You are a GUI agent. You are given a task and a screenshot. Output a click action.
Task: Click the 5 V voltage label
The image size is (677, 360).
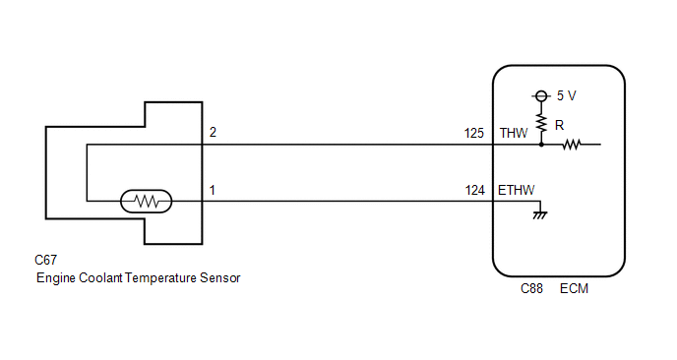[x=566, y=95]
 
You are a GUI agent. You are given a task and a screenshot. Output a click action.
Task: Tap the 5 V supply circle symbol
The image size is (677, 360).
[x=541, y=95]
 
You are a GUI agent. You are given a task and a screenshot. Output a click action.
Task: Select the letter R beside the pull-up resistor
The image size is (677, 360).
[x=559, y=125]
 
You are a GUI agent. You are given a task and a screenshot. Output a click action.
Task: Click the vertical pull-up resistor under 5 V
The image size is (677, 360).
[x=541, y=123]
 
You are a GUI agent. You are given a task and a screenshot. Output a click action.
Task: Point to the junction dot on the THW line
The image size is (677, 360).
[x=541, y=145]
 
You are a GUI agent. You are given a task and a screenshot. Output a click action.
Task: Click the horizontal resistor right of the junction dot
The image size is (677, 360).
[x=571, y=145]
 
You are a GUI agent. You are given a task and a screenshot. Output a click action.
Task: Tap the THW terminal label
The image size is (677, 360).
[x=514, y=133]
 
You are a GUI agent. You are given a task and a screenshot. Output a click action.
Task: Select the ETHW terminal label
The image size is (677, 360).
[x=516, y=190]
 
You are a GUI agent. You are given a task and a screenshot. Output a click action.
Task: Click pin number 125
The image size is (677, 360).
[x=474, y=133]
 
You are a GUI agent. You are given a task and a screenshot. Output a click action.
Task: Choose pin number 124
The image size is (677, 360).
[x=475, y=190]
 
